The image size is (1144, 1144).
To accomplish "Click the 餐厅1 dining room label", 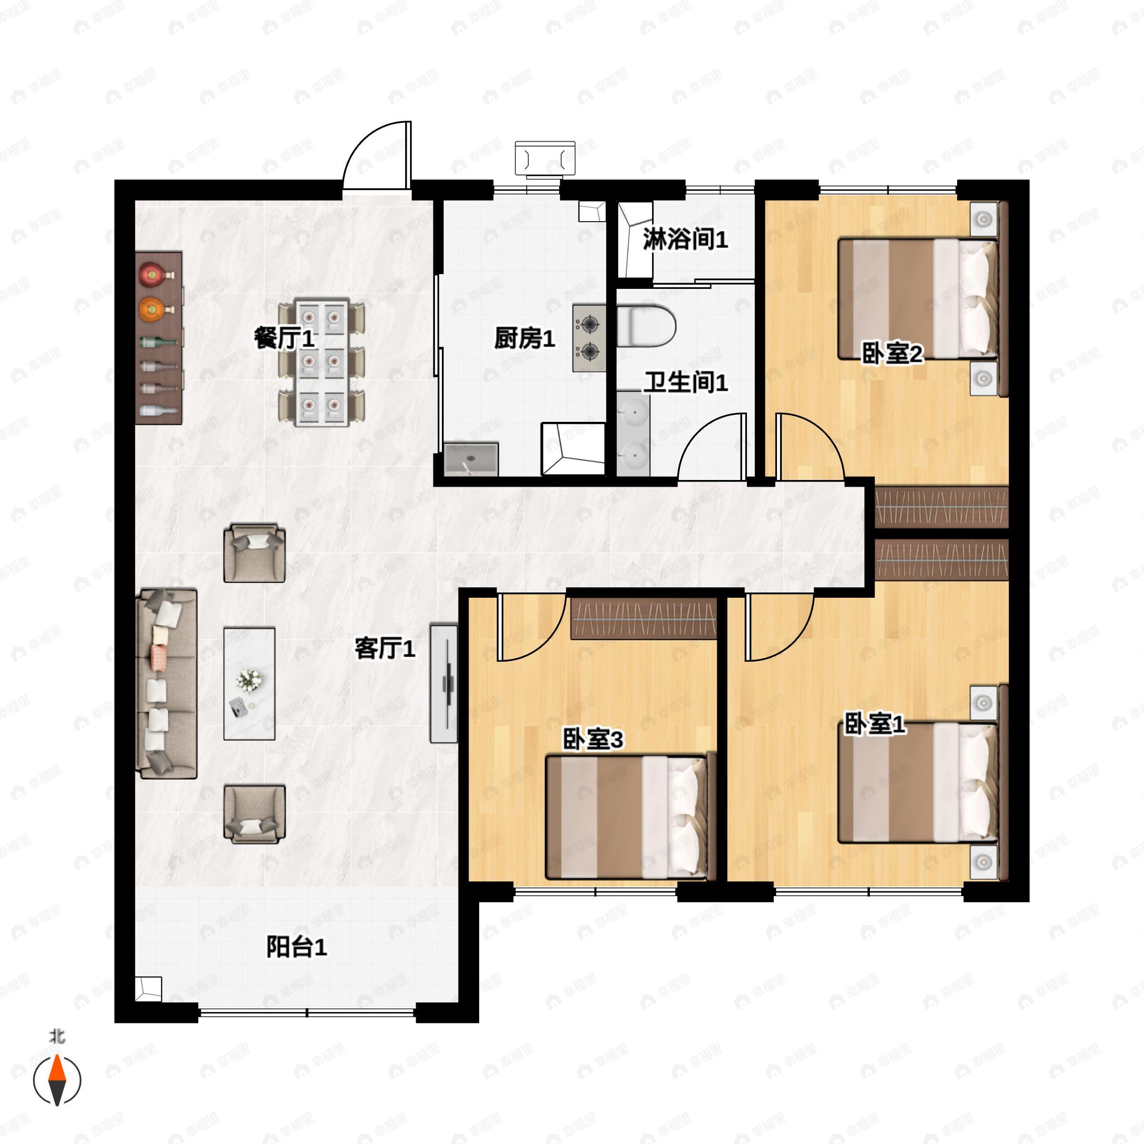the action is pos(284,339).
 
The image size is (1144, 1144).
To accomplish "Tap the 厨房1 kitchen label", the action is pos(525,338).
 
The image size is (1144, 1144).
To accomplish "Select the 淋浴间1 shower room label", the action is pos(685,239).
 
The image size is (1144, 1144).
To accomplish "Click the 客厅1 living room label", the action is pos(385,648).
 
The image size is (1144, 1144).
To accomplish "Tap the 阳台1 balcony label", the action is pos(296,947).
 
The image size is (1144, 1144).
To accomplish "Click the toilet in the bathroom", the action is pos(646,326).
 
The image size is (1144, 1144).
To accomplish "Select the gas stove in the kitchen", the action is pos(589,338).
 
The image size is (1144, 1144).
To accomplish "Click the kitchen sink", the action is pos(471,458).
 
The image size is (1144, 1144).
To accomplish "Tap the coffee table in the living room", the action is pos(249,684).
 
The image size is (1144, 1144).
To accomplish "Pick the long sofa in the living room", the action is pos(166,684).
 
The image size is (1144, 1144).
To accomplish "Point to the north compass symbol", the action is pos(57,1080).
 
